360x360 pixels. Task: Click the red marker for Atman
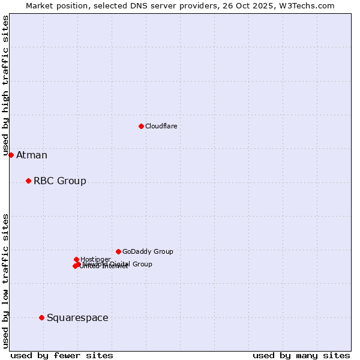click(11, 155)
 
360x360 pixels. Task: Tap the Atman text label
click(32, 155)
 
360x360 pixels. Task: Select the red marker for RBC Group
click(28, 181)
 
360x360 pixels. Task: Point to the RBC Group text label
click(60, 181)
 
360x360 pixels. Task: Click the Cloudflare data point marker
click(141, 126)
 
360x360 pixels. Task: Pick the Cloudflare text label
click(161, 127)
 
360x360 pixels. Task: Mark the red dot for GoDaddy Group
click(118, 251)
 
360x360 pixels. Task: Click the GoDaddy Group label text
click(148, 252)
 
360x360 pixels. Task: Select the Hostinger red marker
click(76, 259)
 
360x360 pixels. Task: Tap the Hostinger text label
click(95, 259)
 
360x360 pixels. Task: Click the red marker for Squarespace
click(41, 317)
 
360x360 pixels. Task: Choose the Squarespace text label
click(77, 318)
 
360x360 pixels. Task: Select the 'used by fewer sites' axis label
click(62, 356)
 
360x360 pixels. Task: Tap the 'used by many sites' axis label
click(301, 356)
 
